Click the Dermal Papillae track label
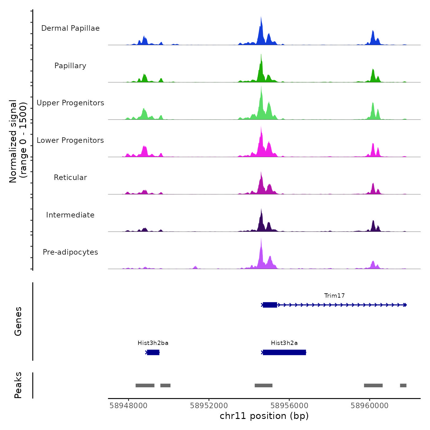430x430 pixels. tap(70, 28)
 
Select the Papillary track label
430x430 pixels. tap(70, 66)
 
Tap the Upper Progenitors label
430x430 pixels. tap(70, 103)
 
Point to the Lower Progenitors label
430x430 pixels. tap(70, 140)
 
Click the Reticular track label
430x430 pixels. tap(70, 178)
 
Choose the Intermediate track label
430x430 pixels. tap(70, 215)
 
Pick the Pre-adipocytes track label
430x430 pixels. tap(70, 252)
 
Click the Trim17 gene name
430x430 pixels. tap(334, 296)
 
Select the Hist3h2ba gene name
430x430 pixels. tap(153, 343)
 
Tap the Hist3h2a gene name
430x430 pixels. tap(284, 343)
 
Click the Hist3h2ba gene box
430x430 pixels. tap(153, 352)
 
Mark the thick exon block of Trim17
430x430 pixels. tap(270, 305)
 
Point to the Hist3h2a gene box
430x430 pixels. tap(284, 352)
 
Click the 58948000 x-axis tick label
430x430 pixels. tap(128, 406)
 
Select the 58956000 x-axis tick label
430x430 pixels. tap(289, 406)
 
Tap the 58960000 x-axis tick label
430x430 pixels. tap(369, 406)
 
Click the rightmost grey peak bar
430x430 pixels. tap(403, 385)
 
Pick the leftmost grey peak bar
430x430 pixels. tap(145, 385)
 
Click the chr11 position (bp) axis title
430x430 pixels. tap(264, 416)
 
